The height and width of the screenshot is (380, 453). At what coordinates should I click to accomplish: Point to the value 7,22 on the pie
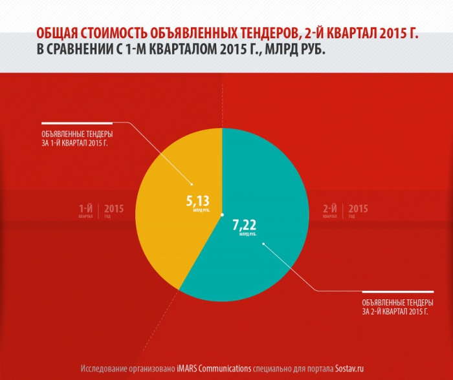(x=245, y=226)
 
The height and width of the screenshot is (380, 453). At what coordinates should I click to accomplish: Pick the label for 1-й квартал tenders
(x=73, y=138)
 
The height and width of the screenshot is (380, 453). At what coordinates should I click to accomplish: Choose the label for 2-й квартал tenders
(x=395, y=306)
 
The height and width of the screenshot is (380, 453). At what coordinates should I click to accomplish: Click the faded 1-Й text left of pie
(x=86, y=208)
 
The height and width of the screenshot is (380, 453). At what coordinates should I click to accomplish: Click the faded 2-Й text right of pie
(x=330, y=208)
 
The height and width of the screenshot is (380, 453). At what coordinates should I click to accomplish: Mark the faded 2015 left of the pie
(x=114, y=208)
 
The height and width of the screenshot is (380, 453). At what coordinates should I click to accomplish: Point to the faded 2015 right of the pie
(x=358, y=208)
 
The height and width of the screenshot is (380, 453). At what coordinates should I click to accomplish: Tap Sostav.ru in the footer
(x=354, y=368)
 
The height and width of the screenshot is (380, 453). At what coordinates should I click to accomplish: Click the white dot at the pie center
(x=222, y=215)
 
